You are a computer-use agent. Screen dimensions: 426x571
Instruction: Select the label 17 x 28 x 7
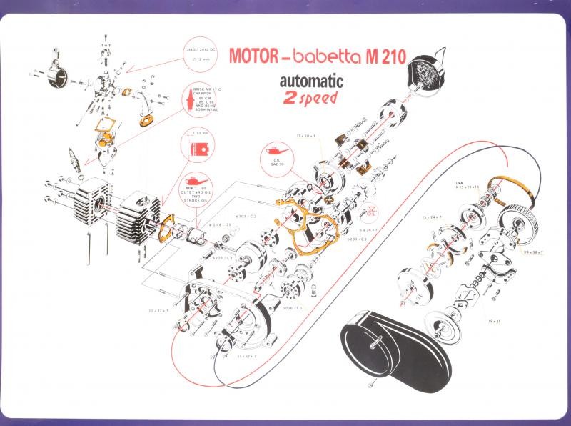(308, 134)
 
